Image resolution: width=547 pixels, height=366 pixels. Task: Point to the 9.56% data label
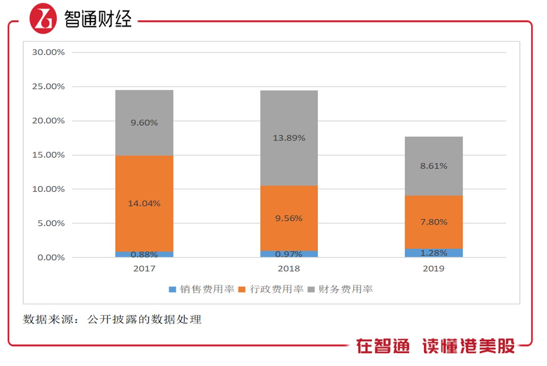(289, 218)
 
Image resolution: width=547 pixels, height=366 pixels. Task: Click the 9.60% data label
(144, 123)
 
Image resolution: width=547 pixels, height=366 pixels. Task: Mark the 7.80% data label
(433, 222)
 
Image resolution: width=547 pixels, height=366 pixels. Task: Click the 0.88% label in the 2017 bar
(144, 254)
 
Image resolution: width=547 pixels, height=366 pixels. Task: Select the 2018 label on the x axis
(289, 268)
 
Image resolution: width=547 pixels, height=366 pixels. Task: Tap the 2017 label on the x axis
(144, 268)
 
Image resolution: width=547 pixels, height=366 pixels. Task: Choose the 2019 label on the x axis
(433, 268)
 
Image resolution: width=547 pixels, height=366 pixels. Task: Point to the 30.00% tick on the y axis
(48, 52)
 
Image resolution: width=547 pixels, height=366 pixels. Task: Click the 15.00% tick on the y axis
(48, 155)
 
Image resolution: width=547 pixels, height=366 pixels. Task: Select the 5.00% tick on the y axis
(51, 223)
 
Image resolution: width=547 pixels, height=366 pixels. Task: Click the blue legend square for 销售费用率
(173, 289)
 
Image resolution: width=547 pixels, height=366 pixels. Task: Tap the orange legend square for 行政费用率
(242, 289)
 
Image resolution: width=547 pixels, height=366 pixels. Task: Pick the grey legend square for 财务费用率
(311, 289)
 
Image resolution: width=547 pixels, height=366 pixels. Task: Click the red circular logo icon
(43, 18)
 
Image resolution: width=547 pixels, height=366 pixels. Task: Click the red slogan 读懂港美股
(468, 346)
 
